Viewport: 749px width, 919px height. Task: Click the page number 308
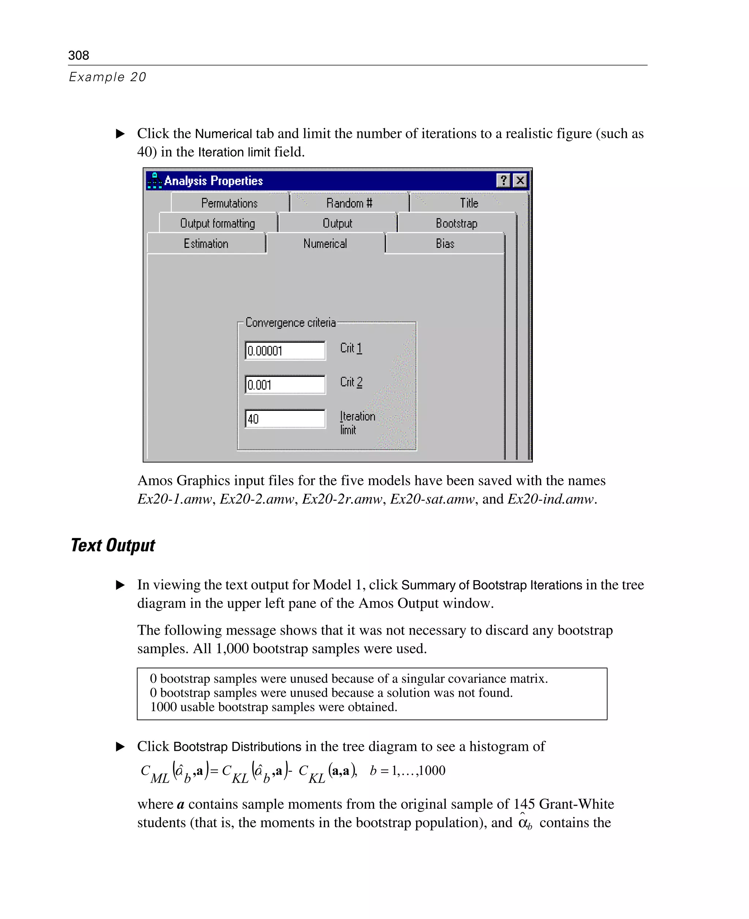[x=79, y=55]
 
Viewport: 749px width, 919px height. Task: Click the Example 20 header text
[x=108, y=77]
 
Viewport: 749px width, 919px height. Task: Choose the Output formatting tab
[x=218, y=223]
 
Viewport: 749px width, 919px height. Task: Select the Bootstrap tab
[x=456, y=223]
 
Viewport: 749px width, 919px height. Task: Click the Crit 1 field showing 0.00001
[x=285, y=351]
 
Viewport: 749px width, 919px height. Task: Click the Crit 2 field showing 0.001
[x=285, y=385]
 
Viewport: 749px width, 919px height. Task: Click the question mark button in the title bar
[x=503, y=180]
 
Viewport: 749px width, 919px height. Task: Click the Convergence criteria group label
[x=290, y=322]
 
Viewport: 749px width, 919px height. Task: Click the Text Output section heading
[x=113, y=545]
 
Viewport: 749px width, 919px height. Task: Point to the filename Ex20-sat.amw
[x=432, y=499]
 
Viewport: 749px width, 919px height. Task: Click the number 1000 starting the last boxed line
[x=163, y=707]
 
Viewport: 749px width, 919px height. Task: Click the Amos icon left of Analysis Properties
[x=154, y=181]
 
